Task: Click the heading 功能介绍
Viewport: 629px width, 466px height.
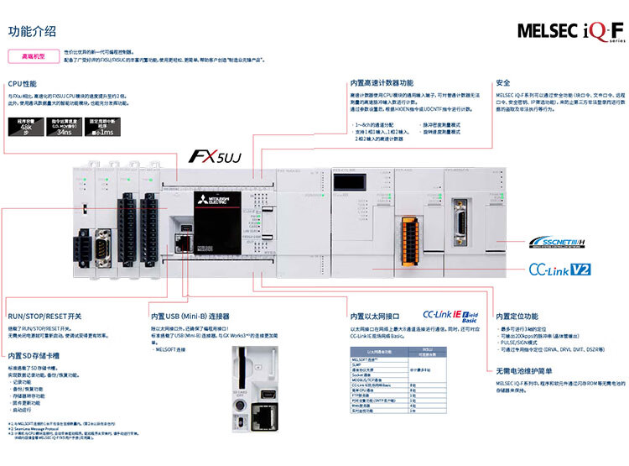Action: point(32,32)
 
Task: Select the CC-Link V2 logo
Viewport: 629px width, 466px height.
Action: point(559,270)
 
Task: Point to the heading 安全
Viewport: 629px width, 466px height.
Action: point(503,83)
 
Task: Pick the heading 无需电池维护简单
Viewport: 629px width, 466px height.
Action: point(522,369)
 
